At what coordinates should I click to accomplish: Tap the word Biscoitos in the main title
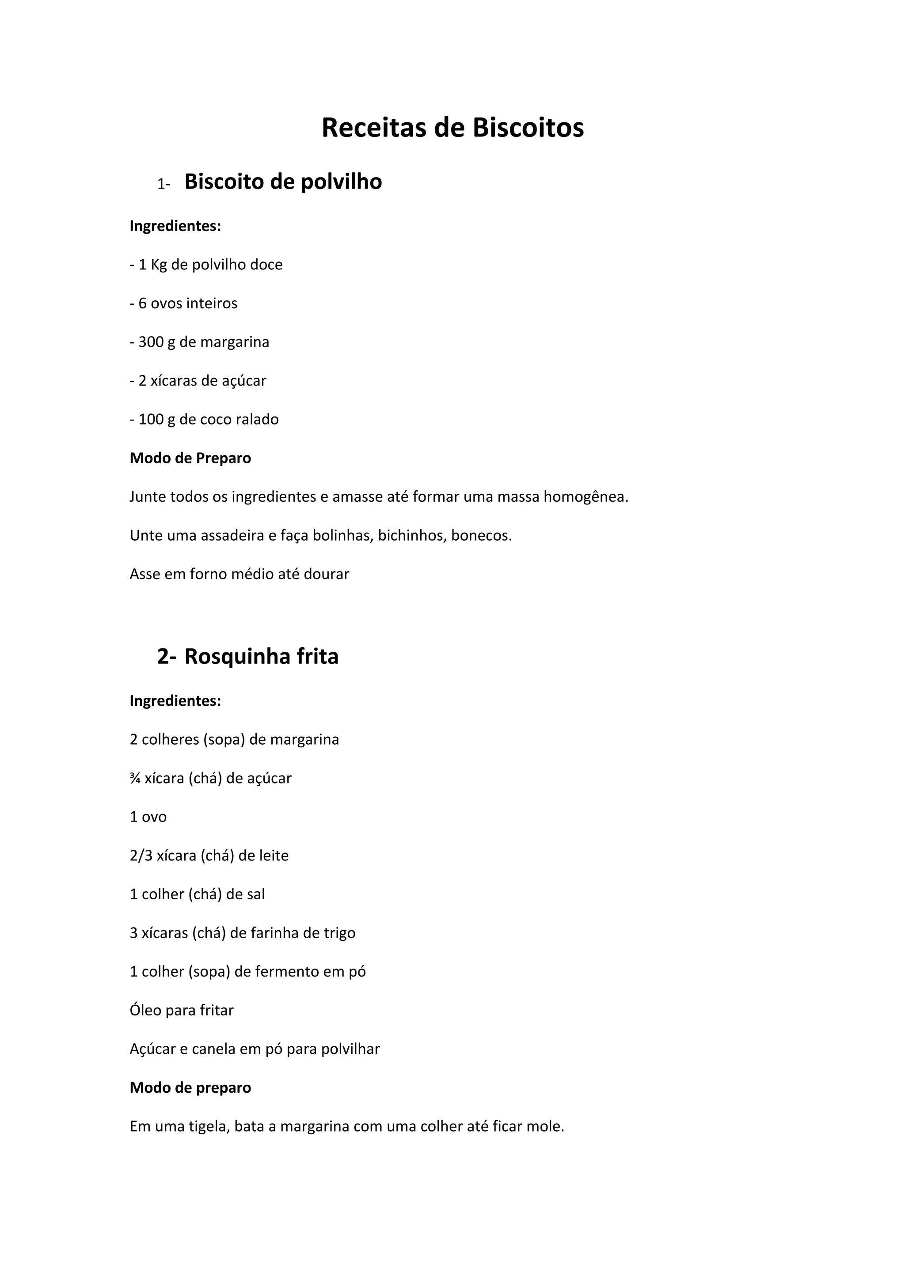tap(528, 128)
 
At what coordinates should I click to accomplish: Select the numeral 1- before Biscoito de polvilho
tap(164, 184)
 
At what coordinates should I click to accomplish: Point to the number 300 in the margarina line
tap(151, 342)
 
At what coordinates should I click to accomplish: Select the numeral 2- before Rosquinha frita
tap(166, 657)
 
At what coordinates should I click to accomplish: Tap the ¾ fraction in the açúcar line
tap(135, 778)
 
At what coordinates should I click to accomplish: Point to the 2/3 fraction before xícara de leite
tap(141, 856)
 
